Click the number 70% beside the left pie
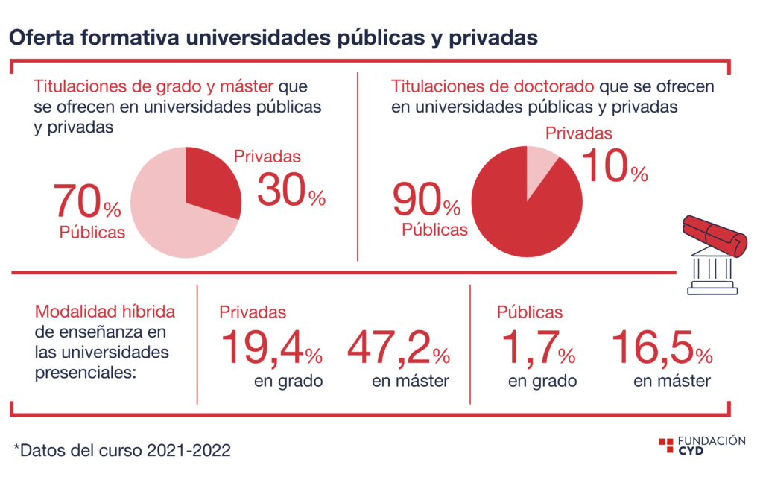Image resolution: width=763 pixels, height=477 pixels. point(87,200)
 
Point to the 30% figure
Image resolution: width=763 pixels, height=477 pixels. point(291,190)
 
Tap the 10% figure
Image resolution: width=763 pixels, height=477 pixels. point(615,165)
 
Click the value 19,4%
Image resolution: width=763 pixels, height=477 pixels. point(271,347)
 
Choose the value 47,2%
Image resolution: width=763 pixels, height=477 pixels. point(399,347)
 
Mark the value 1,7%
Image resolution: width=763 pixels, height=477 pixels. point(538,347)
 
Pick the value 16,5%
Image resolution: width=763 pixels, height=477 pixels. point(662,347)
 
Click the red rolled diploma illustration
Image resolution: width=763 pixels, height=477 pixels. point(715,236)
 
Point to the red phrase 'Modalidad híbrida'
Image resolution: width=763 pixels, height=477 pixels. point(104,311)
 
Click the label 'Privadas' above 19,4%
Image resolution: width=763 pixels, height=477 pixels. point(253,312)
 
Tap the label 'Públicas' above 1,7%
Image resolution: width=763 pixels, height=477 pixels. point(530,312)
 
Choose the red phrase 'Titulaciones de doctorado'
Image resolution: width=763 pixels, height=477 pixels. point(493,86)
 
